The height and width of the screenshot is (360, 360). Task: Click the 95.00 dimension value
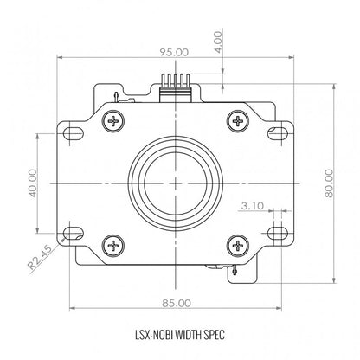tap(174, 53)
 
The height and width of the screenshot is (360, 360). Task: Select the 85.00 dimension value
tap(177, 303)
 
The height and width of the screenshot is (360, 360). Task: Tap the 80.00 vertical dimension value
tap(329, 183)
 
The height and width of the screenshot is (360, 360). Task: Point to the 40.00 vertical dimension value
tap(33, 183)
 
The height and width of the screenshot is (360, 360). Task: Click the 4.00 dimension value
tap(219, 42)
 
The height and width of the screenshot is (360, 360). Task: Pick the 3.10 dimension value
tap(253, 206)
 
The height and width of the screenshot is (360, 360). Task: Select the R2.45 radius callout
tap(40, 258)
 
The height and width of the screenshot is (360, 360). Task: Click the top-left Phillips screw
tap(113, 121)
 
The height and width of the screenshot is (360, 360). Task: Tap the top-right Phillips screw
tap(238, 121)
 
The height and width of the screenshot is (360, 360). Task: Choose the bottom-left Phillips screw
tap(113, 246)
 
